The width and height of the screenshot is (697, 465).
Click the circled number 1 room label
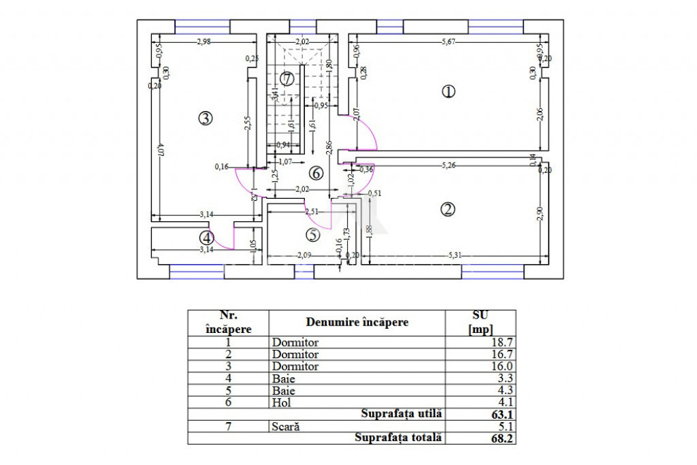448,91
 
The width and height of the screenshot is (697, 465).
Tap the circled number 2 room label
447,210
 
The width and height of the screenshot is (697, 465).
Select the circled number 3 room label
206,118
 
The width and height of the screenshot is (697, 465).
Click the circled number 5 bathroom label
312,236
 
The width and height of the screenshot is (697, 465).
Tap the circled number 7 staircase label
287,79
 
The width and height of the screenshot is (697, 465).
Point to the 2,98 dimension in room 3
203,42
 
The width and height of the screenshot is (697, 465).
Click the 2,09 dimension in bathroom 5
304,256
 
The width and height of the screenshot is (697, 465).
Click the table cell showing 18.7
500,342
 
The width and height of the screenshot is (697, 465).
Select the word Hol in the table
280,402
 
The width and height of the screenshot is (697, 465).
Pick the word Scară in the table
285,426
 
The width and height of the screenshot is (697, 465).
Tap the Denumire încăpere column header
357,322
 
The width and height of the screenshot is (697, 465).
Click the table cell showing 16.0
500,366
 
